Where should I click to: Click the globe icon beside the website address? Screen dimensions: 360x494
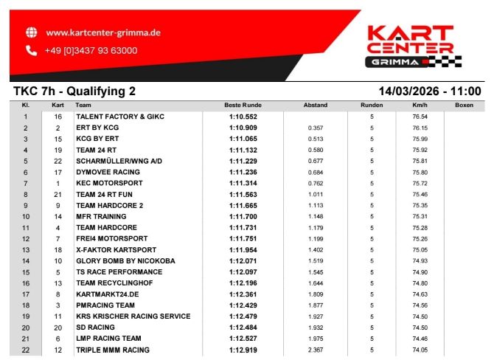31,32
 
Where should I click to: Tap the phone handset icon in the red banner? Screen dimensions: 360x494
31,50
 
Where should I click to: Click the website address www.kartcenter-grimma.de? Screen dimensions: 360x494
103,32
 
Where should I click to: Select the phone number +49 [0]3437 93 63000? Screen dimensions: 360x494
91,50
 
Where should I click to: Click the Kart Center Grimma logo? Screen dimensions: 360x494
410,45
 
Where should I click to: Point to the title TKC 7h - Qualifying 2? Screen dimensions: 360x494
74,91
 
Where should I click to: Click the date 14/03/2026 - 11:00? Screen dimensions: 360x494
429,91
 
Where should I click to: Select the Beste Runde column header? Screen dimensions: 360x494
243,105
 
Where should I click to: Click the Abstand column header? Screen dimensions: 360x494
316,105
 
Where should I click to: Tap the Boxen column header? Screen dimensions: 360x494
464,105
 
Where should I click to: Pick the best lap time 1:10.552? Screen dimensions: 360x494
244,117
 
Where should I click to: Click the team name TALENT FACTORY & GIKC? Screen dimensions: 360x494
119,117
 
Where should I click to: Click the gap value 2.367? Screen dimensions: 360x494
316,350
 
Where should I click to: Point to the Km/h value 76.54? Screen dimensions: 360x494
420,117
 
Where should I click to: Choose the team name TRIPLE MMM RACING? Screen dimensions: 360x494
112,350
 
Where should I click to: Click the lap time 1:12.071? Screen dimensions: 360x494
244,261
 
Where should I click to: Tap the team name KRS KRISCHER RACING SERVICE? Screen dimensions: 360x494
133,316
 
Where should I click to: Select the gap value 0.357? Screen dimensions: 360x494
316,128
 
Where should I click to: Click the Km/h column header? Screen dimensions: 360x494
420,105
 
